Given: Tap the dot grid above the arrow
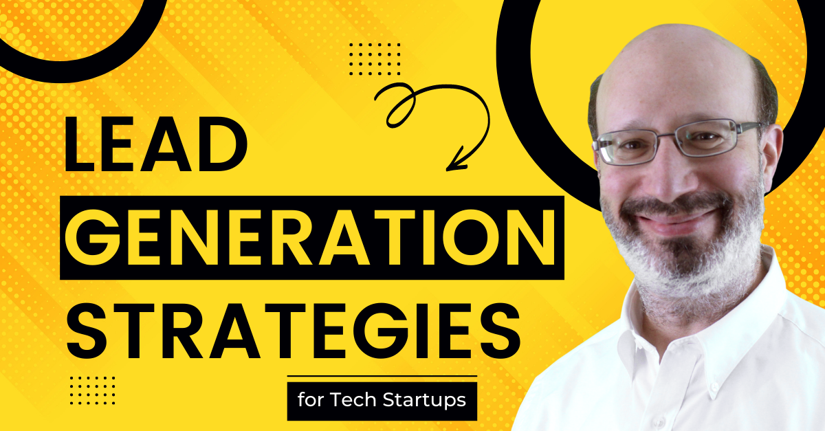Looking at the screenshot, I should [375, 58].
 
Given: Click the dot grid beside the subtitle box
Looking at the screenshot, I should [93, 390].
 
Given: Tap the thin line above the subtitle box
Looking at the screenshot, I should [382, 376].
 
